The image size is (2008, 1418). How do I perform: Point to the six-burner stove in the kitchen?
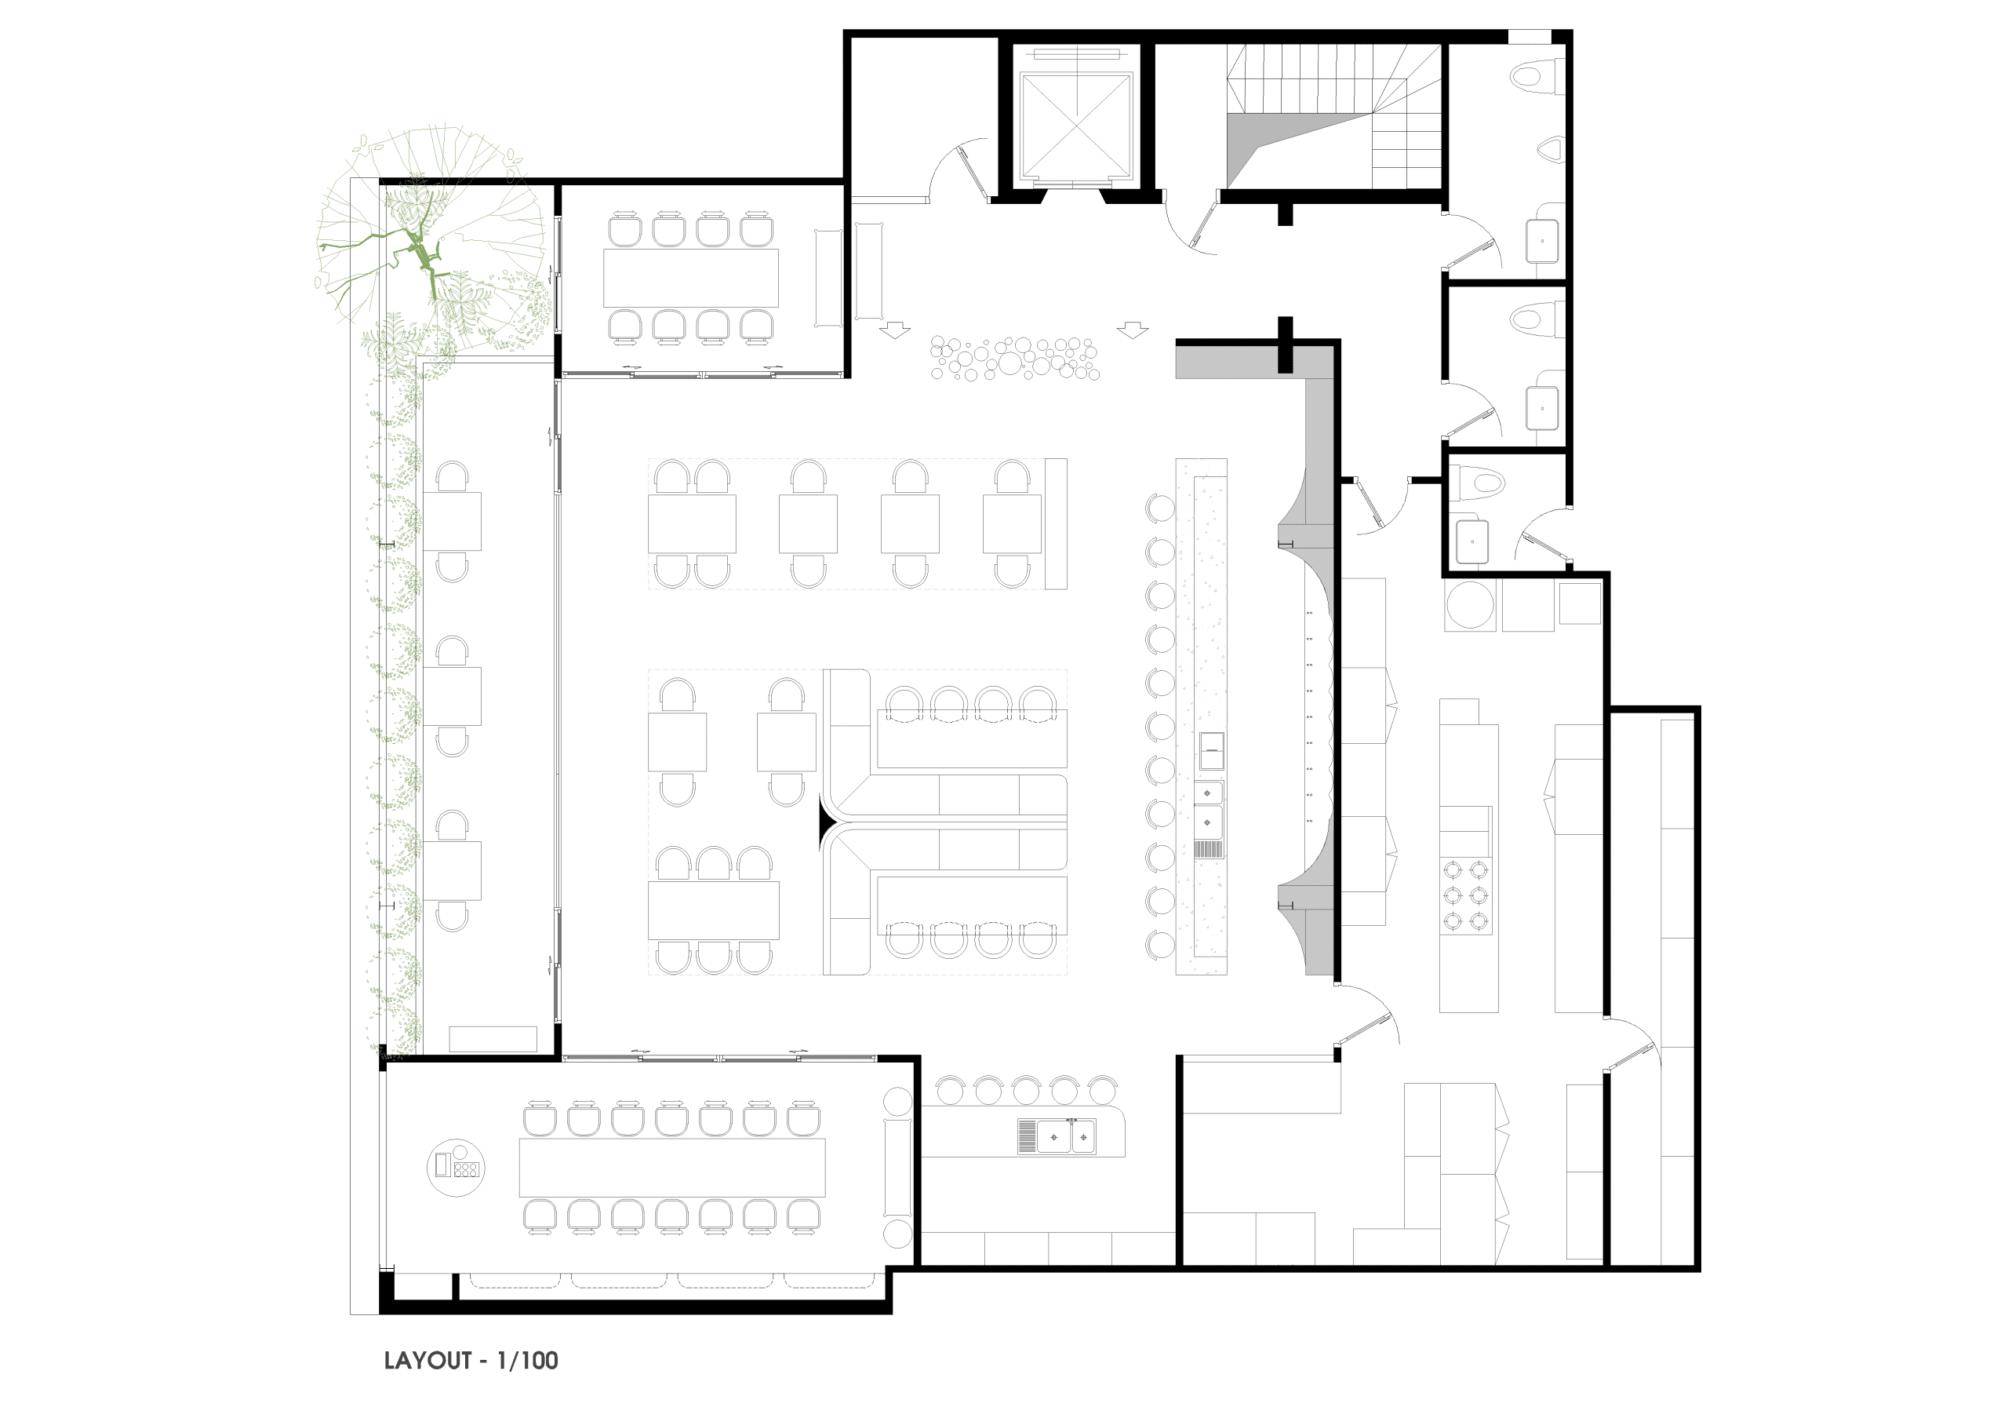tap(1466, 895)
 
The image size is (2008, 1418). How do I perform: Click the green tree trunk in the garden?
tap(420, 250)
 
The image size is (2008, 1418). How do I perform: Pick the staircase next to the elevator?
tap(1333, 116)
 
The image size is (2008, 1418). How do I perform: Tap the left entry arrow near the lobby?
tap(895, 330)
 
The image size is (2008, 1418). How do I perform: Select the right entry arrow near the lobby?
tap(1133, 330)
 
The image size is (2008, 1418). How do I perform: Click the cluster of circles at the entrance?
tap(1014, 358)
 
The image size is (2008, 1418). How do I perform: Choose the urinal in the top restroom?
tap(1551, 150)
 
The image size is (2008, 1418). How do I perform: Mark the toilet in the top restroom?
tap(1537, 75)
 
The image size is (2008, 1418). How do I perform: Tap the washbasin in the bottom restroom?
tap(1472, 541)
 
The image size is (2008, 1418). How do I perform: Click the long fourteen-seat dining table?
tap(671, 1167)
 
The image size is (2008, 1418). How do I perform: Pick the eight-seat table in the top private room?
tap(691, 278)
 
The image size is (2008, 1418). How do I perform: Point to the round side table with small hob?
tap(456, 1168)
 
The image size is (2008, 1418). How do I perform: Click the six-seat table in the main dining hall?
tap(714, 910)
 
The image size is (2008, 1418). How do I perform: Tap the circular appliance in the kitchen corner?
tap(1470, 604)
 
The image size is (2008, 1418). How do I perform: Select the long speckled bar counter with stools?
tap(1202, 716)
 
